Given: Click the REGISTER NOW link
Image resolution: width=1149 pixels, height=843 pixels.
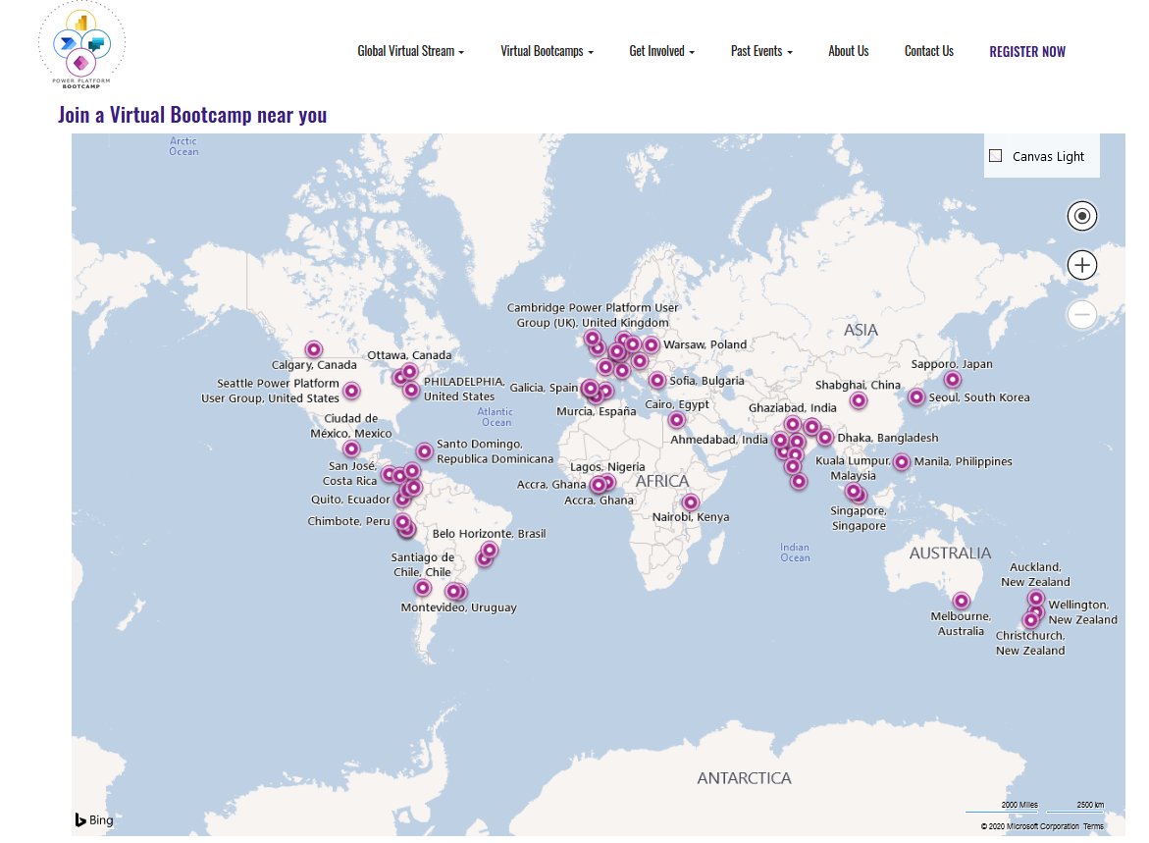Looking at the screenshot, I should pos(1026,52).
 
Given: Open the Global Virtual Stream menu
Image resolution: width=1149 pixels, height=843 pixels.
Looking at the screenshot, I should pos(410,52).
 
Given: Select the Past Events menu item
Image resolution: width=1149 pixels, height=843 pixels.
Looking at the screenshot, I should pos(761,52).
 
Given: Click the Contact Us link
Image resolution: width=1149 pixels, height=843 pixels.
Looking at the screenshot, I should pos(928,52).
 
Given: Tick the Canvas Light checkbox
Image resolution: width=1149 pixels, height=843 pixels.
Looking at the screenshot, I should pos(996,156).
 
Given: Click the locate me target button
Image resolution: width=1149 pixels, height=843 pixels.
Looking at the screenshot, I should pos(1082,216).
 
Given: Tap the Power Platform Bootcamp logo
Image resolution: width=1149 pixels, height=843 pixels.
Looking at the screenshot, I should pos(81,46).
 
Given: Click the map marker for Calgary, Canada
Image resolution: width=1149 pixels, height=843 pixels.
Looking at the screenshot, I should pos(313,349).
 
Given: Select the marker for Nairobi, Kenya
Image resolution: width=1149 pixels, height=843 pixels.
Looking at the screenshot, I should pos(691,502).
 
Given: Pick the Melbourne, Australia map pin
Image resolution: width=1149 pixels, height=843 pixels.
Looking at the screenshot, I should pos(962,601).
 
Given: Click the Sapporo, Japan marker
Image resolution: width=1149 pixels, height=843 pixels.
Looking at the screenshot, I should pos(952,380).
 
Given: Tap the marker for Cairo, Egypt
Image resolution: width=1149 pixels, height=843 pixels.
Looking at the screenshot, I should pos(677,420).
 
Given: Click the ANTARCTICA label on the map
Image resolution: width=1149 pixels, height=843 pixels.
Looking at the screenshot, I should pos(744,778).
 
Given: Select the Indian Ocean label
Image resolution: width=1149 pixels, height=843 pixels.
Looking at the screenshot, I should pos(795,553).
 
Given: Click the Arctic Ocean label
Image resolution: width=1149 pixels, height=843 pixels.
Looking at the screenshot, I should pos(183,146).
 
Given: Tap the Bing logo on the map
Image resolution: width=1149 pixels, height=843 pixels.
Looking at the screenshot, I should pos(94,820).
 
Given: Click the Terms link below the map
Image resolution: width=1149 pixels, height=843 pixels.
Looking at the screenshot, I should pos(1093,826).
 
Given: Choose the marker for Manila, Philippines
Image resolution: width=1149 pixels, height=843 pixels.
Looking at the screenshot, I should pos(901,461).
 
